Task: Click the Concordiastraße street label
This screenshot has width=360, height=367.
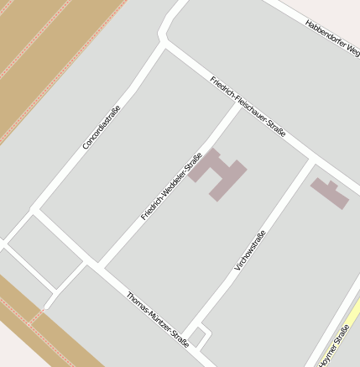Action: point(101,127)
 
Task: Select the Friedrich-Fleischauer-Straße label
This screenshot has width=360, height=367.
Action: point(248,107)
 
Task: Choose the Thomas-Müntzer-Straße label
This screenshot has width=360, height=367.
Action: point(157,320)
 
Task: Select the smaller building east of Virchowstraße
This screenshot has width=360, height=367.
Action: point(330,193)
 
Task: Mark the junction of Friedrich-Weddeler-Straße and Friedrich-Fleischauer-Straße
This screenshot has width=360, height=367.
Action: point(237,103)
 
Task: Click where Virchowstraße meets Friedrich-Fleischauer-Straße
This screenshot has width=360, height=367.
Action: point(310,158)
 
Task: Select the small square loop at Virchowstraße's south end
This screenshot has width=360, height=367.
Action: point(199,335)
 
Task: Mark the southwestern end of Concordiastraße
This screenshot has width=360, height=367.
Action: point(34,210)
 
